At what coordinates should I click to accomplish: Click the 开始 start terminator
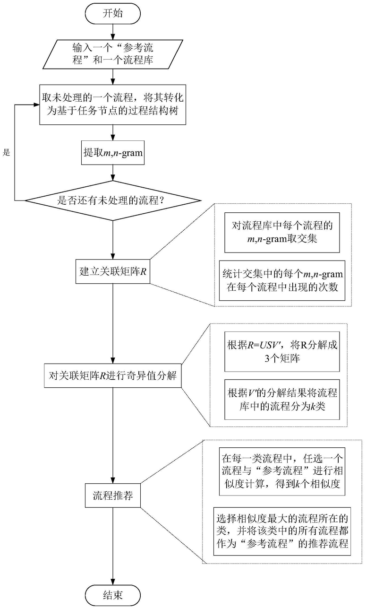click(113, 14)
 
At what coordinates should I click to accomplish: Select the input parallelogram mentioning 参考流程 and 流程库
click(113, 54)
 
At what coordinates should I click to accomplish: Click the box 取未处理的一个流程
click(113, 104)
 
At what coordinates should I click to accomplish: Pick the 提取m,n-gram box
click(113, 153)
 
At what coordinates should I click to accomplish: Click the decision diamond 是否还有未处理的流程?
click(113, 200)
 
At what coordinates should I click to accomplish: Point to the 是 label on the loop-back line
click(6, 153)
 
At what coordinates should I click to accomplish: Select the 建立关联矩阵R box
click(113, 271)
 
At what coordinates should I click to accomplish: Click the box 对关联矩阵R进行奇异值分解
click(113, 375)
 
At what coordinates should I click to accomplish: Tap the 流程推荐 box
click(113, 496)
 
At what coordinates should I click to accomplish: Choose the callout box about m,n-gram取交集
click(282, 233)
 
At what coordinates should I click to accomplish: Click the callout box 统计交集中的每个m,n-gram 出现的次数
click(282, 280)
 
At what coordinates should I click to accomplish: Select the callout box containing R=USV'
click(282, 351)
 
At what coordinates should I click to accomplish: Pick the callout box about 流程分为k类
click(282, 400)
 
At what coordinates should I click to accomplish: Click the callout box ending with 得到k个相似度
click(282, 471)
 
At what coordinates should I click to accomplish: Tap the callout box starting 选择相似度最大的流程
click(282, 531)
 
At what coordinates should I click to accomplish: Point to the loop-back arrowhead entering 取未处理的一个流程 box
click(36, 104)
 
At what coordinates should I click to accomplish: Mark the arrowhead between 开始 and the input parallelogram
click(113, 36)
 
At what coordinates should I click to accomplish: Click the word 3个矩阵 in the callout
click(282, 358)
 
